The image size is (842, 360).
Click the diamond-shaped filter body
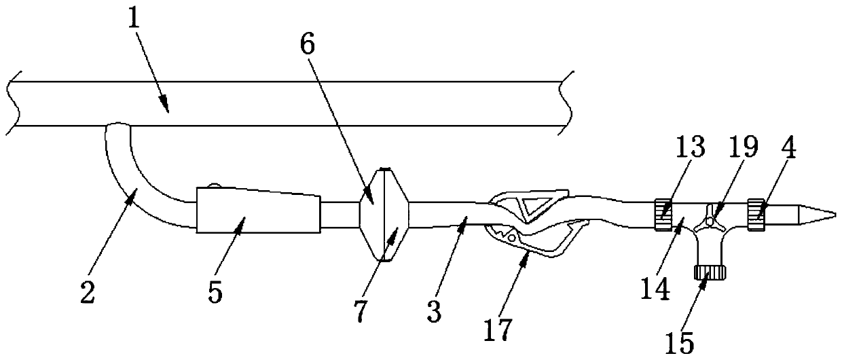384,214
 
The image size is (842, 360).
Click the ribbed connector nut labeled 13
664,214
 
